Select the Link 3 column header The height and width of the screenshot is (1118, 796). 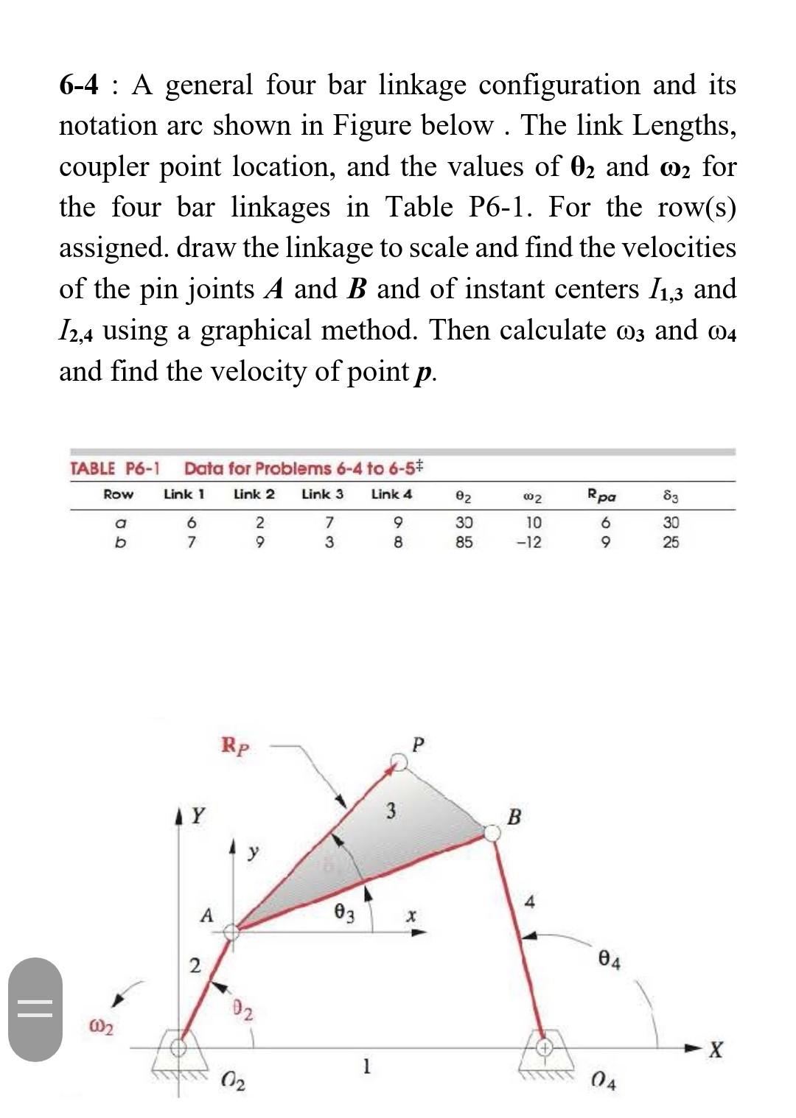tap(322, 494)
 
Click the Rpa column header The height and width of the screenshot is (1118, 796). tap(600, 495)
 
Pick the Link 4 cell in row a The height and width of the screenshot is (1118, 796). tap(397, 523)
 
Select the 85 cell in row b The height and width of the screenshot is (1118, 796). tap(464, 543)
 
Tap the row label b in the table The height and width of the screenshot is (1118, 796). tap(118, 543)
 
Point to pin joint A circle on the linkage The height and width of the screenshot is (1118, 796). tap(231, 931)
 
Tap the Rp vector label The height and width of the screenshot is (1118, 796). tap(235, 746)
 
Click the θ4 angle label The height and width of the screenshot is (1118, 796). tap(610, 961)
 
